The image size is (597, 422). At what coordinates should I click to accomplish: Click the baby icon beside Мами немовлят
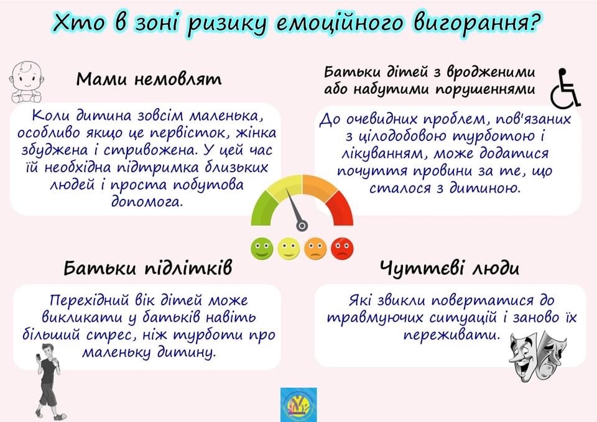click(26, 82)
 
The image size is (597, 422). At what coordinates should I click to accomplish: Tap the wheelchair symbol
click(565, 88)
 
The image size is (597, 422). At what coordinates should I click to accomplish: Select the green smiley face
click(262, 249)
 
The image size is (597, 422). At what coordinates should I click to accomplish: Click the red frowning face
click(342, 249)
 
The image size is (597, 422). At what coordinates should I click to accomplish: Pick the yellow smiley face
click(289, 249)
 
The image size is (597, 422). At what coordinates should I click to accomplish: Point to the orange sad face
click(315, 249)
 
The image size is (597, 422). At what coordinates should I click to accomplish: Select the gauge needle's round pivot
click(302, 226)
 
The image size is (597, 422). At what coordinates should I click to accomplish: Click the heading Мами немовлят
click(149, 79)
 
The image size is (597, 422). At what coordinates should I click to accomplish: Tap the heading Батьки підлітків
click(148, 267)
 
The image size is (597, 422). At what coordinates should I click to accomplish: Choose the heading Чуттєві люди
click(449, 268)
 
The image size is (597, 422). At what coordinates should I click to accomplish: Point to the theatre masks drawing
click(537, 355)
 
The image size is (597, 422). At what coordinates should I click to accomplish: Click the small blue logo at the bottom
click(298, 405)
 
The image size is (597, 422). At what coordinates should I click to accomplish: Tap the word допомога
click(147, 201)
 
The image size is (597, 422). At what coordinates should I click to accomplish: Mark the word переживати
click(451, 335)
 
